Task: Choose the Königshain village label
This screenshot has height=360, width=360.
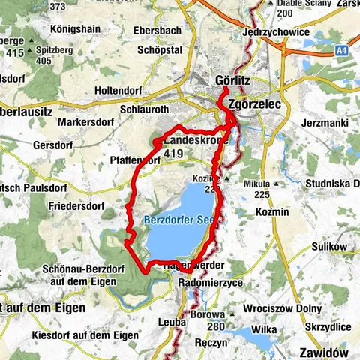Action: [76, 30]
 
